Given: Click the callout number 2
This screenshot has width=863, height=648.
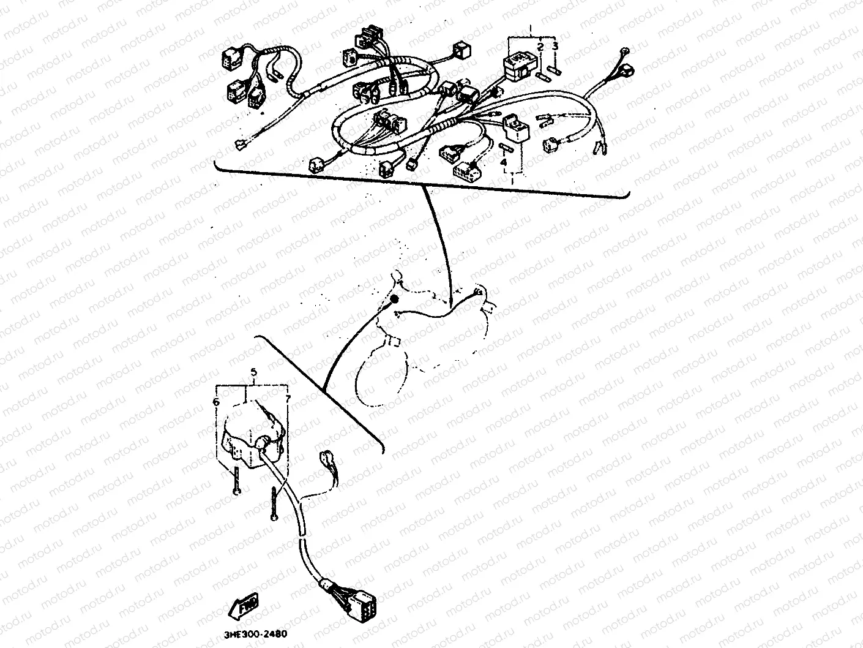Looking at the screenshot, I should tap(540, 47).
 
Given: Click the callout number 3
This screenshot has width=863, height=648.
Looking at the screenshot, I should tap(555, 45).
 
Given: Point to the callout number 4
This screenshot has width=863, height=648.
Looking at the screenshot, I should tap(504, 162).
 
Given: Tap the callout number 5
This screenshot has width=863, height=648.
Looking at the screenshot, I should tap(253, 372).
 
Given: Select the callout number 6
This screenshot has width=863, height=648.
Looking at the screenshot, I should tap(216, 402).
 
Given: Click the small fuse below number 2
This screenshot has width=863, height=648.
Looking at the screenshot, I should tap(542, 76).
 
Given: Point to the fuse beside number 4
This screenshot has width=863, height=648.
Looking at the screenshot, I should tap(504, 148).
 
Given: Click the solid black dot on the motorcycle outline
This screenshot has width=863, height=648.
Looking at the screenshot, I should tap(394, 300).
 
